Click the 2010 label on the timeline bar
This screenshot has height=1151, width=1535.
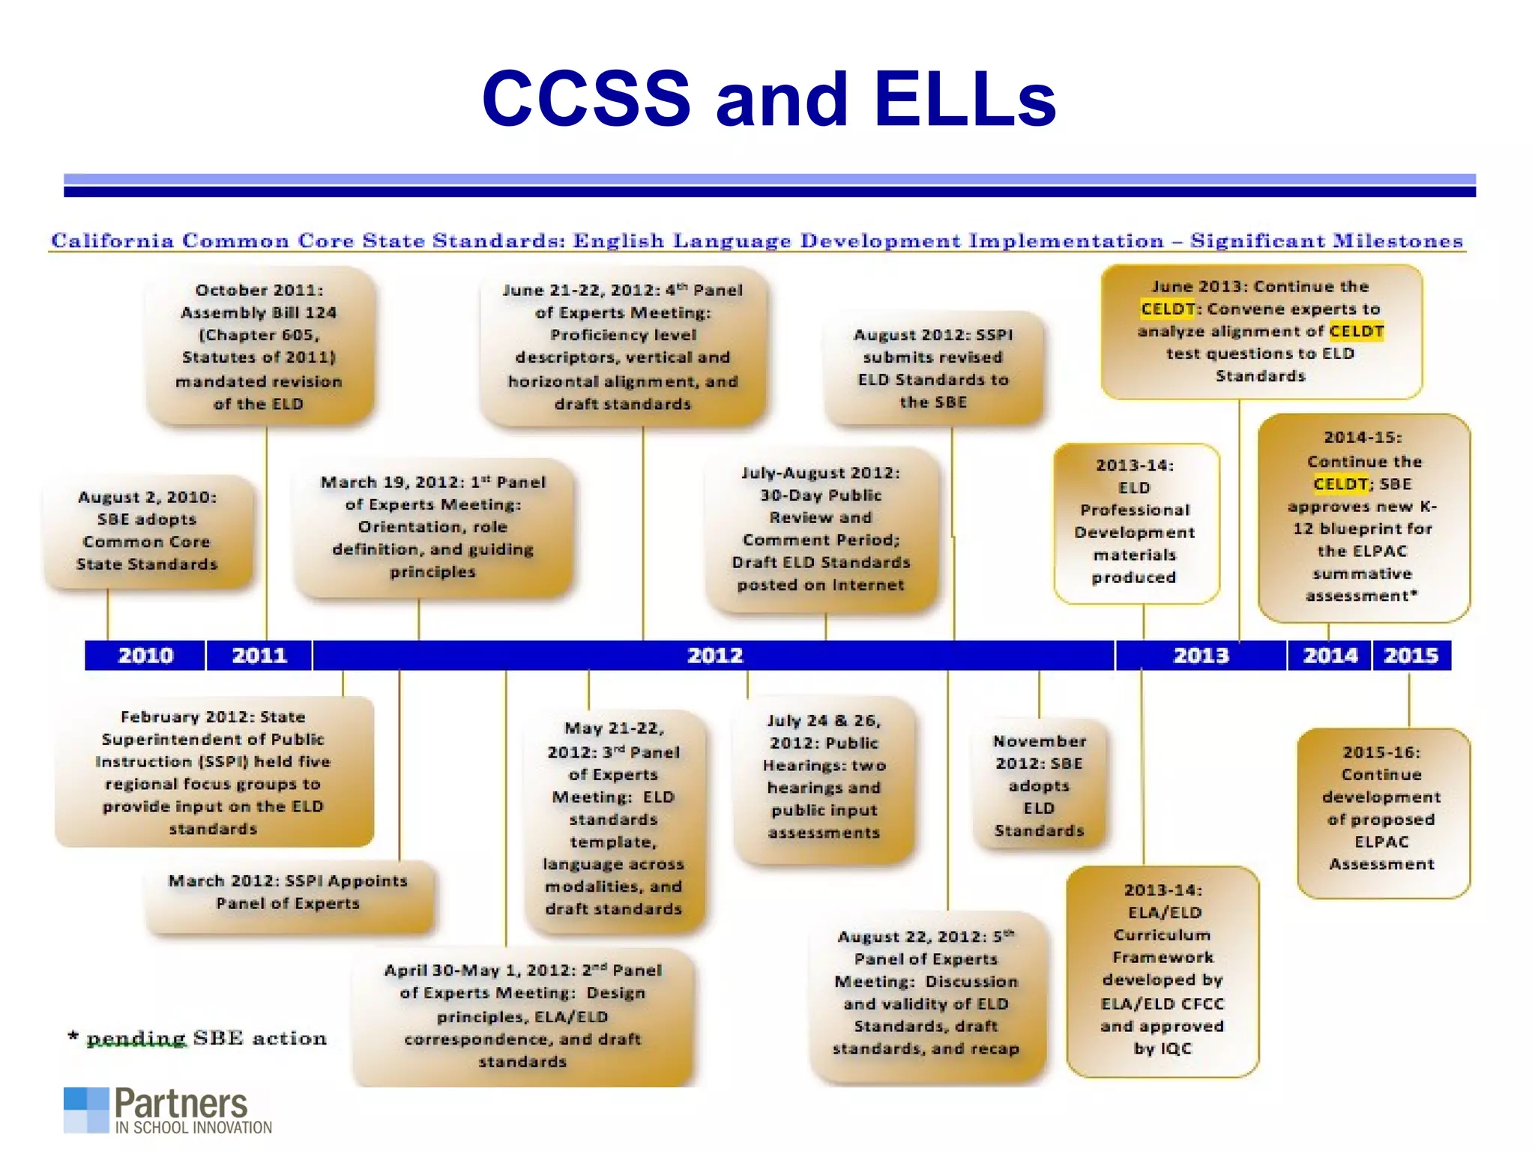coord(145,656)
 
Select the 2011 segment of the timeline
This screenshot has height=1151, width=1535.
coord(259,656)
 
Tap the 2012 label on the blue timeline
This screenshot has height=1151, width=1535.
coord(715,656)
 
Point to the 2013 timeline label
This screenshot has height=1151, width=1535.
coord(1201,656)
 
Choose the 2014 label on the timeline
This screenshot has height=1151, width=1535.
coord(1330,656)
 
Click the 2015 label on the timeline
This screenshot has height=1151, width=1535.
coord(1411,656)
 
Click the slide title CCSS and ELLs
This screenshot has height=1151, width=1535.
coord(768,99)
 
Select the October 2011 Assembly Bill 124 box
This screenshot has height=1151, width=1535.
coord(259,346)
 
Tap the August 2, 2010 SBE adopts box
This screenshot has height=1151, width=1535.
coord(147,531)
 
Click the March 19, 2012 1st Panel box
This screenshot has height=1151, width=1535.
coord(433,527)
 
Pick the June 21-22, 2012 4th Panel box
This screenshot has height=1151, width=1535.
coord(623,346)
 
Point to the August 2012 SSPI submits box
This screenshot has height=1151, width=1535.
coord(933,368)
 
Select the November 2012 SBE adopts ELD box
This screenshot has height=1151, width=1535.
coord(1039,785)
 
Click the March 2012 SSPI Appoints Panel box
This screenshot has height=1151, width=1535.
coord(288,892)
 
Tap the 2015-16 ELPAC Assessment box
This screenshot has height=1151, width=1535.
coord(1381,808)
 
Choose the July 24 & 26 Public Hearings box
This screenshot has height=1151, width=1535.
coord(824,776)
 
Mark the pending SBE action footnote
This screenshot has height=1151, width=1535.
coord(199,1038)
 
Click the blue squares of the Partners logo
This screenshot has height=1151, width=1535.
coord(86,1110)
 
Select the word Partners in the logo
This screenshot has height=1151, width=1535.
coord(181,1104)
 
